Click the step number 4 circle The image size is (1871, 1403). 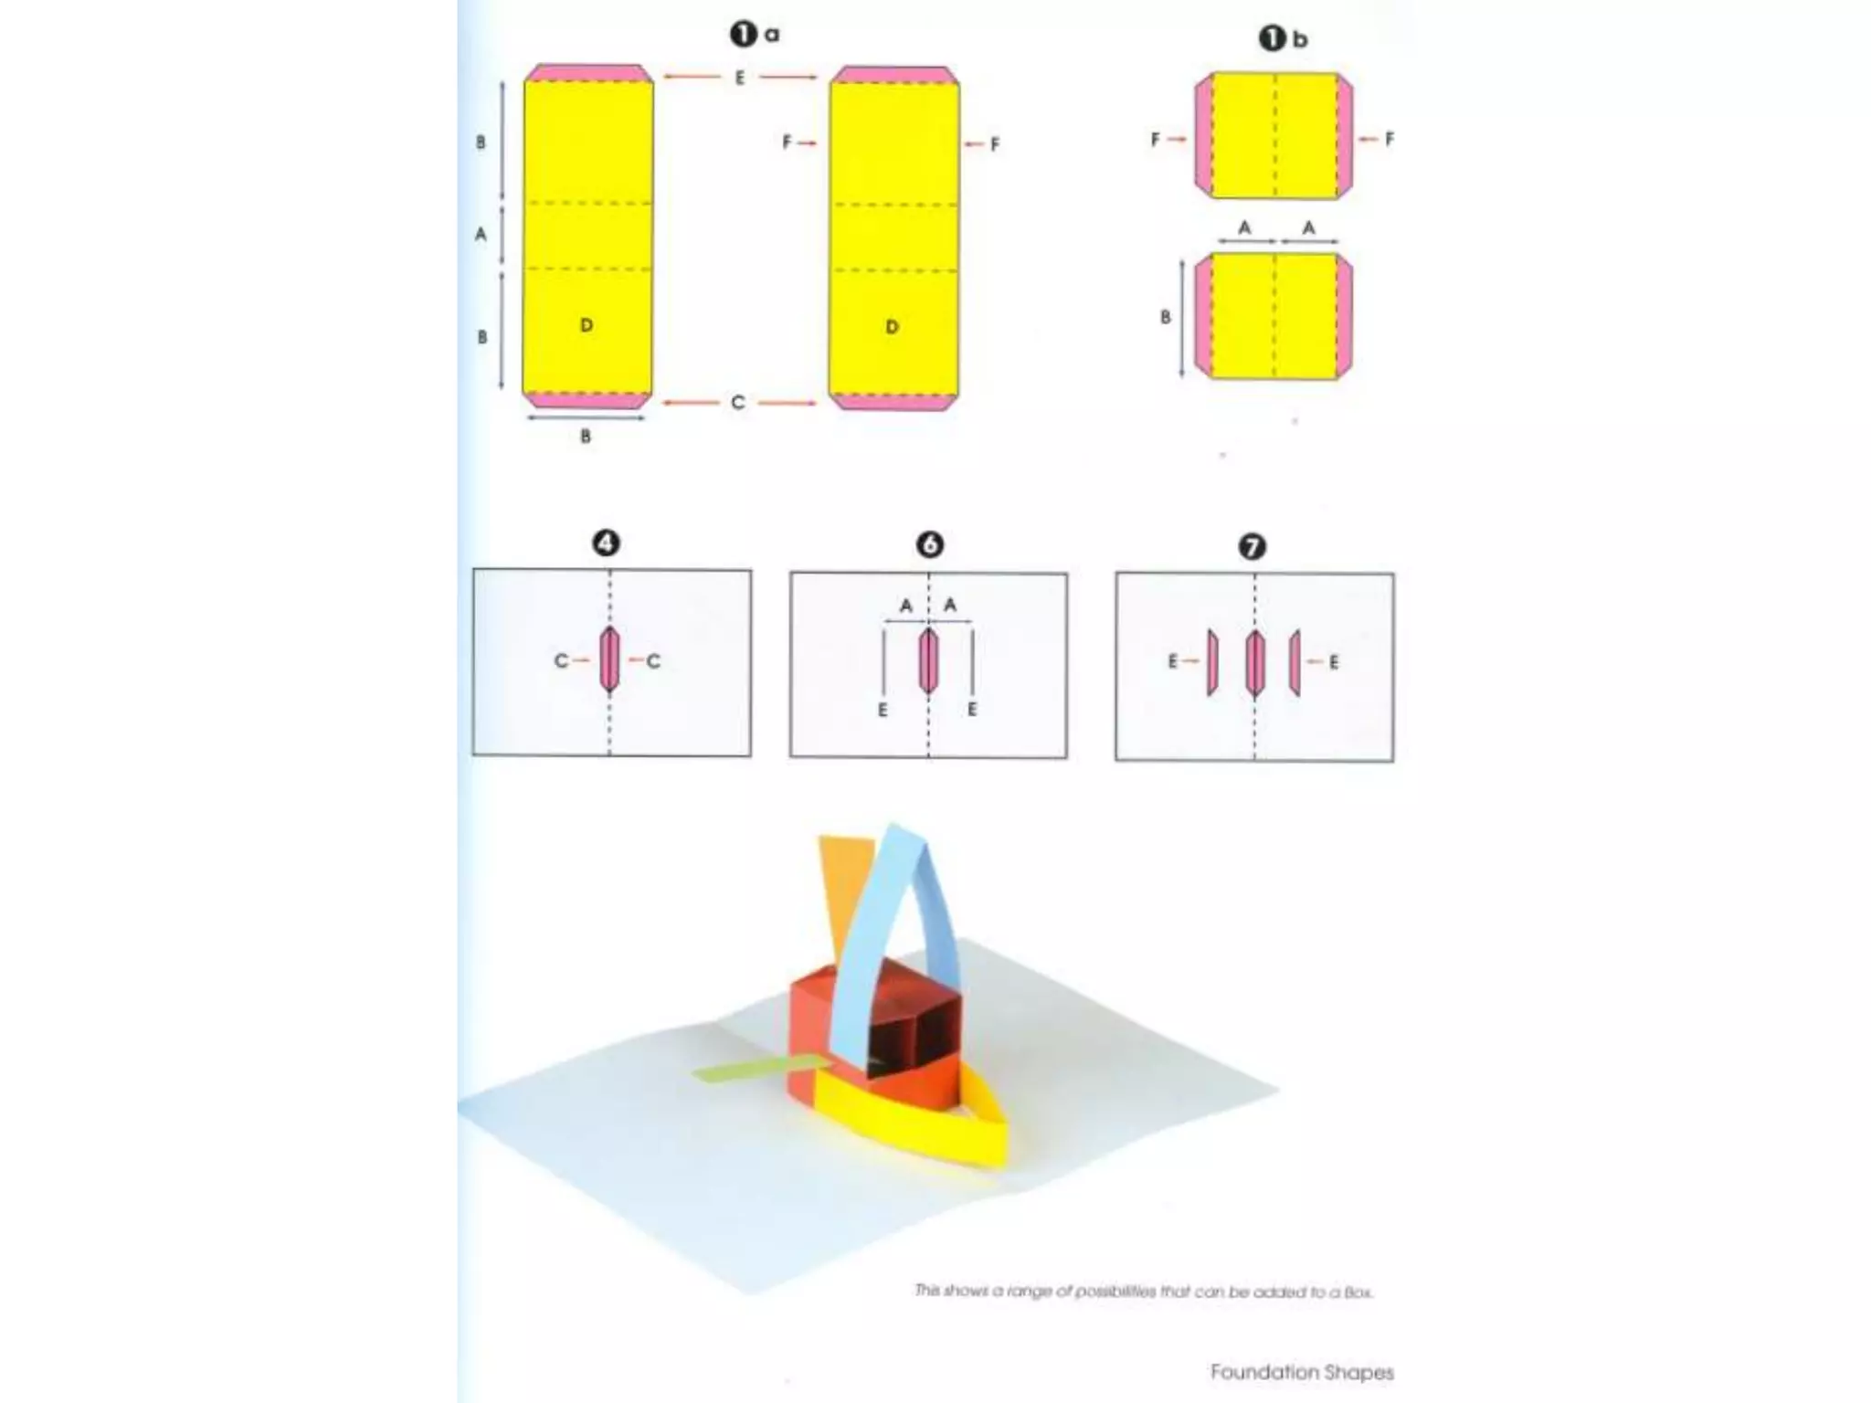[x=606, y=543]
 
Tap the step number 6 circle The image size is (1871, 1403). [x=929, y=545]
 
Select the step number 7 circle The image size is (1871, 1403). [x=1252, y=547]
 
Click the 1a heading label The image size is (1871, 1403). [x=754, y=35]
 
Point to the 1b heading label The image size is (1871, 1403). [x=1283, y=39]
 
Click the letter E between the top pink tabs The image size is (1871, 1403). [x=740, y=78]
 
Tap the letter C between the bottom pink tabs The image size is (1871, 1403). [x=738, y=403]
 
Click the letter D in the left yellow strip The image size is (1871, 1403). [x=587, y=325]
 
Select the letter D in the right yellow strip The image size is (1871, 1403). [x=892, y=327]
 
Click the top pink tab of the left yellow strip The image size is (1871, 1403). [x=588, y=73]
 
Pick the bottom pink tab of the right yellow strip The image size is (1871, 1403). [x=893, y=402]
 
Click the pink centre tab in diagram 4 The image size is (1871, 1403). [x=609, y=659]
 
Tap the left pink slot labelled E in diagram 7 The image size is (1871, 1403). [x=1212, y=662]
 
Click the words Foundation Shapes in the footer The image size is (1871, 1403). [x=1302, y=1372]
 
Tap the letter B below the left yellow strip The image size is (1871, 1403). [x=586, y=437]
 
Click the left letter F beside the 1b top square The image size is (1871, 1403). [x=1156, y=140]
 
